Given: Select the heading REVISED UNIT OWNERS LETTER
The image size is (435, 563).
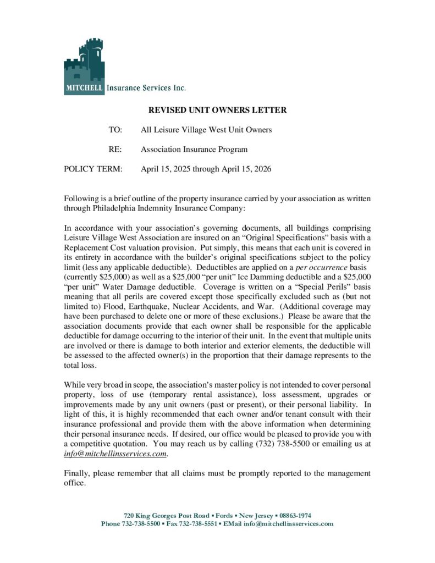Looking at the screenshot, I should (x=218, y=110).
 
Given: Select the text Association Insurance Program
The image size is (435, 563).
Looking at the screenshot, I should (x=194, y=149).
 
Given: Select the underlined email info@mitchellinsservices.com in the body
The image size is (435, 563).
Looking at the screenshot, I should (x=115, y=454).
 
